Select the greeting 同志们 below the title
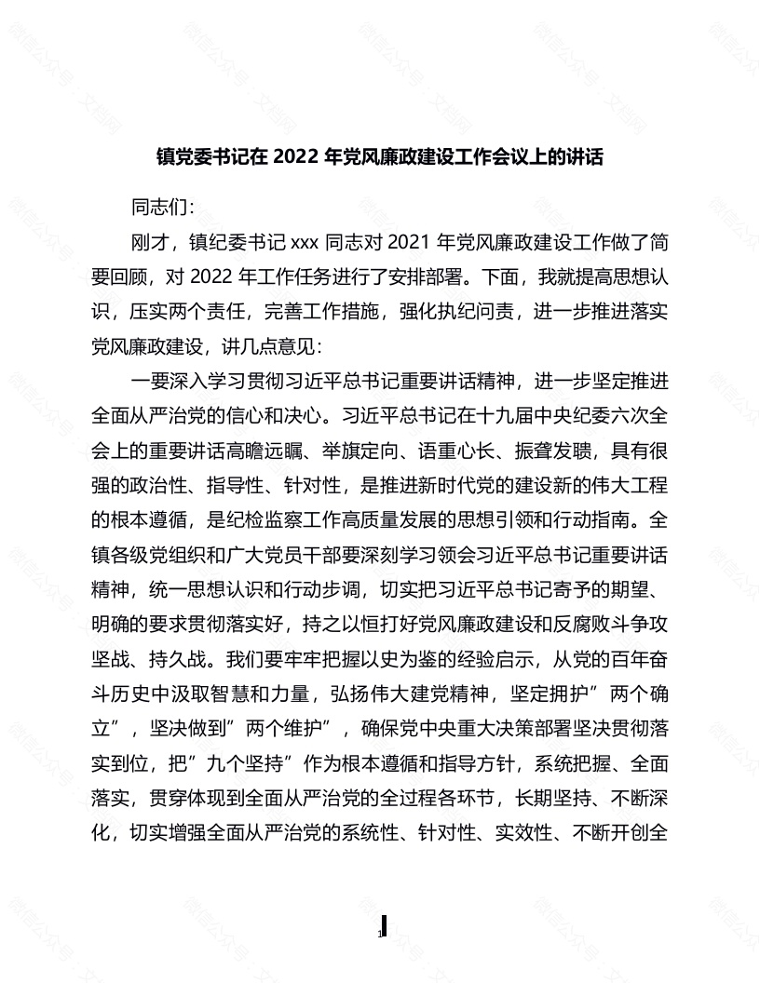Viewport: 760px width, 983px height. point(162,208)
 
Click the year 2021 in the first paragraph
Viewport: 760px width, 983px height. point(414,244)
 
